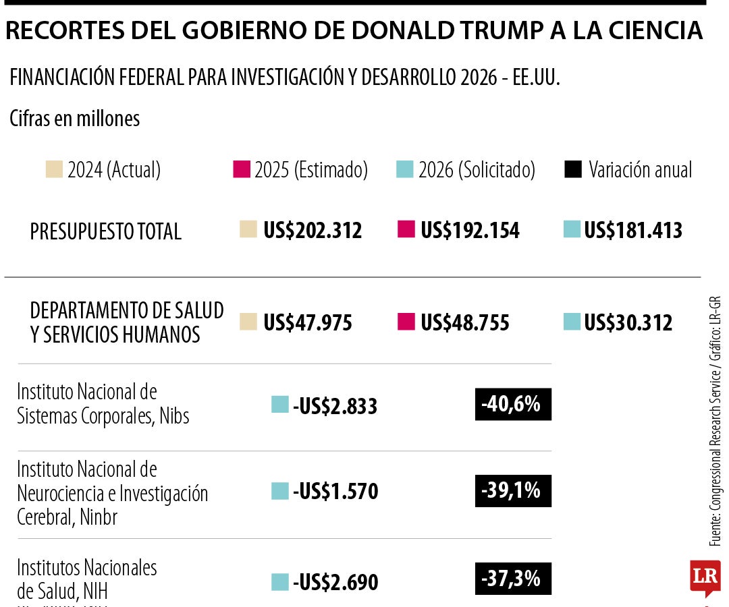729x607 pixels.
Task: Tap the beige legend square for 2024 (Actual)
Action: pos(54,169)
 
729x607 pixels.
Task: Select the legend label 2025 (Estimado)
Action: pos(310,170)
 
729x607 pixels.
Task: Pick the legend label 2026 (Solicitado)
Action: pos(477,170)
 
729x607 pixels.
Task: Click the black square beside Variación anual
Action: pos(572,170)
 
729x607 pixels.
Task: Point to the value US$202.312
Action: pos(313,231)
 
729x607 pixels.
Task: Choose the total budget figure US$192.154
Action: pos(470,231)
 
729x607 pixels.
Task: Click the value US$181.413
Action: pos(633,231)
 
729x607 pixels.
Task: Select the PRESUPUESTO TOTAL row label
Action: pos(106,231)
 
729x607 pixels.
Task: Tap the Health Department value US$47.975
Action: pos(308,322)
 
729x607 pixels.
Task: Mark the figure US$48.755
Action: pos(465,322)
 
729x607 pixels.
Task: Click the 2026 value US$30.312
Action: pos(628,322)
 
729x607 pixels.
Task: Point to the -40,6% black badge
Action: pos(513,405)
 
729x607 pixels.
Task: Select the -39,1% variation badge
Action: pos(513,491)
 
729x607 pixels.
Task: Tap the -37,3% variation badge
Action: pos(513,579)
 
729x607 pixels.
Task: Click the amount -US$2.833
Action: pos(335,406)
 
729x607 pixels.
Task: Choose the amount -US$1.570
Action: pos(335,492)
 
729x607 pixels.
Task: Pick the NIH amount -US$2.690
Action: pos(335,582)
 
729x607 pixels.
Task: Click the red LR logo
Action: pos(705,577)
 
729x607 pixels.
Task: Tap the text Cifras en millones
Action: pos(75,119)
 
